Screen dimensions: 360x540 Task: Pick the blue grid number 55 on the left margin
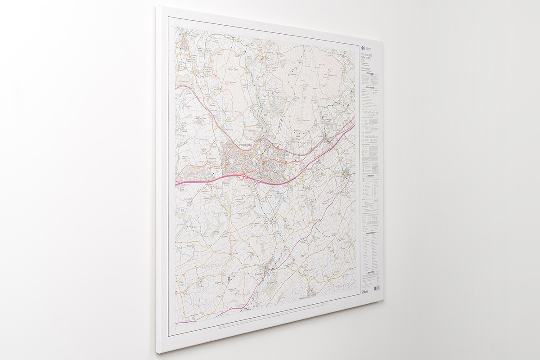coord(182,210)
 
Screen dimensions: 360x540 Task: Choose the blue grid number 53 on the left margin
coord(181,284)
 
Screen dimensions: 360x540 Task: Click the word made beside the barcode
coord(365,292)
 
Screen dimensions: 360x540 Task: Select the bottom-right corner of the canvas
coord(383,301)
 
